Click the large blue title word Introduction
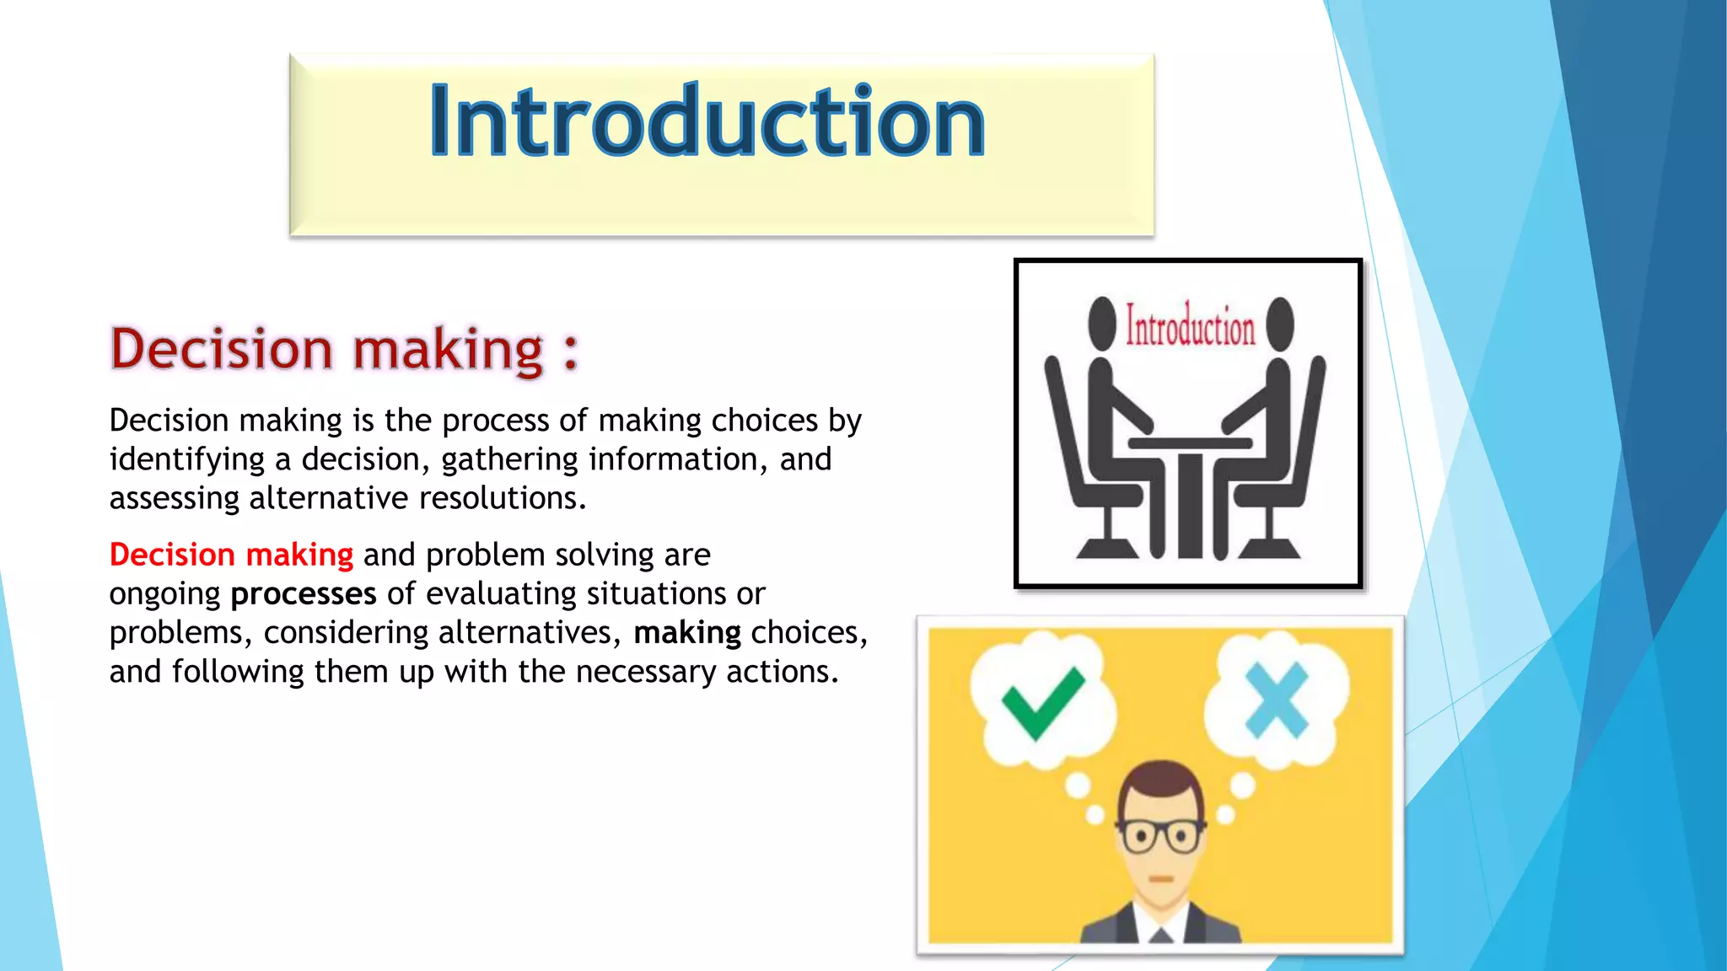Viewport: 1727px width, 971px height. pos(707,123)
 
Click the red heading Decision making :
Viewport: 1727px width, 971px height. pos(344,349)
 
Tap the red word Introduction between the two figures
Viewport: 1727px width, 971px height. pos(1190,327)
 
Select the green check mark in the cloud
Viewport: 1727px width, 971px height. pos(1041,701)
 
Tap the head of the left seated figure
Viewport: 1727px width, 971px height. pos(1101,322)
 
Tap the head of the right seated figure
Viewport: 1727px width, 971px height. pos(1280,322)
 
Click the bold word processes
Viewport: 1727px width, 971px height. pos(304,594)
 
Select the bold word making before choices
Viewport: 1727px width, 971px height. pos(686,633)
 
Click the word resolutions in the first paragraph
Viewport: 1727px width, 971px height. pos(502,498)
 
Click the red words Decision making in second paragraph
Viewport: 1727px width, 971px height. pos(231,555)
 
